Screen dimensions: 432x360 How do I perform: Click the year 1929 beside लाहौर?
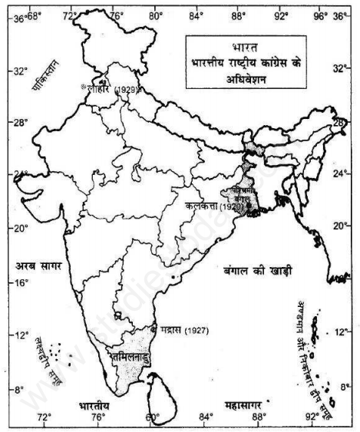(x=127, y=90)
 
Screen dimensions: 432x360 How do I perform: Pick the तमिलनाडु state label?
(x=137, y=356)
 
